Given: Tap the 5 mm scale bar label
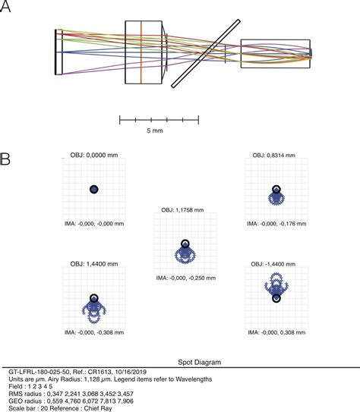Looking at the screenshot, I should pos(159,131).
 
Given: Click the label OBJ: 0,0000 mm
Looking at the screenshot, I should pos(93,155).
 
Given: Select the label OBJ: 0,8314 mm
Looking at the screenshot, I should pos(275,155).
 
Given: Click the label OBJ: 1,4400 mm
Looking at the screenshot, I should pos(93,263).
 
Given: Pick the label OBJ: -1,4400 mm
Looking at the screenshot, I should pos(275,263).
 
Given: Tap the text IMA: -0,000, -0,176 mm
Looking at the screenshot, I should pos(275,224).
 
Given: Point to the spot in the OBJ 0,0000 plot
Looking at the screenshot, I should pos(93,189).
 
